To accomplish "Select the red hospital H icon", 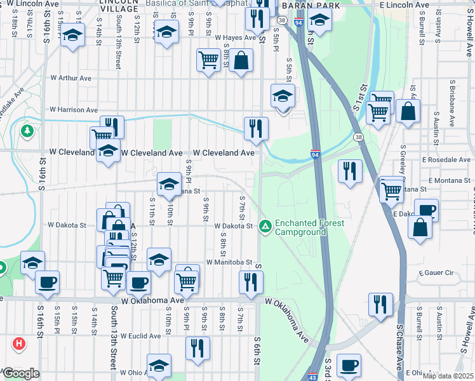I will click(19, 344).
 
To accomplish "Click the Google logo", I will click(21, 373).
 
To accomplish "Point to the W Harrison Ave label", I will click(74, 110).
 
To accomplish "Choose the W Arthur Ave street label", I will click(70, 78).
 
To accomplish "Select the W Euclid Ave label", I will click(141, 336).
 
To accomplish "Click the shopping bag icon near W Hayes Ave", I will click(241, 62).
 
